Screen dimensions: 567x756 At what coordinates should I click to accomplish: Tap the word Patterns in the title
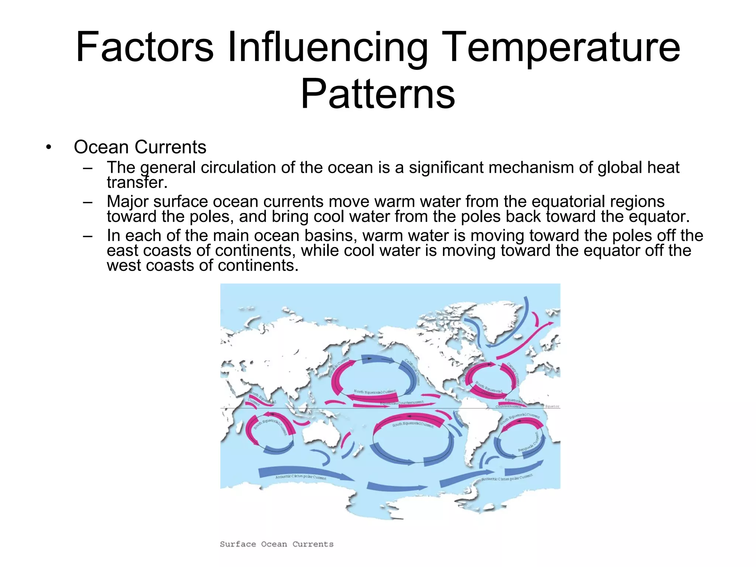tap(378, 94)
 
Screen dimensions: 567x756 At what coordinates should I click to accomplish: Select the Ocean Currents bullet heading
tap(140, 147)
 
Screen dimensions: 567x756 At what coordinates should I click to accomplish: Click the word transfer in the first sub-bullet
tap(137, 182)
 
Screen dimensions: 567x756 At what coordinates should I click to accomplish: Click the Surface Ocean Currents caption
tap(276, 544)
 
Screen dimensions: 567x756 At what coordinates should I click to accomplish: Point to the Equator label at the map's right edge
tap(552, 406)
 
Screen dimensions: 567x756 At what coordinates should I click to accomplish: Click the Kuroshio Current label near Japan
tap(339, 367)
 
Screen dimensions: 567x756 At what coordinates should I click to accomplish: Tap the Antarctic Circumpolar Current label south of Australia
tap(301, 477)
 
